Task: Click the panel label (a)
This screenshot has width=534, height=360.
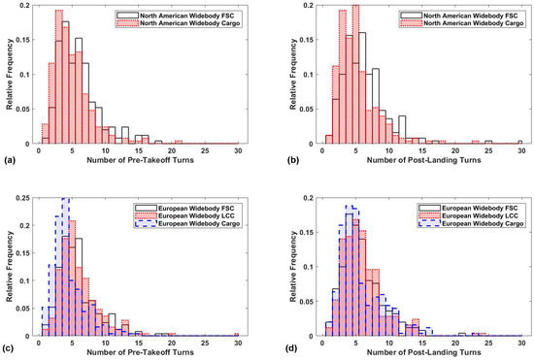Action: (x=8, y=160)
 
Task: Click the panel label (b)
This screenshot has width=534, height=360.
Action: (x=293, y=160)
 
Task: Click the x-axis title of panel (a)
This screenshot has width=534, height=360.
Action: (x=140, y=160)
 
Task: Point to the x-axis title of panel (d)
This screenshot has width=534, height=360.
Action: (x=423, y=352)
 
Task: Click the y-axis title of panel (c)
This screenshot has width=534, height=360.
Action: (x=9, y=267)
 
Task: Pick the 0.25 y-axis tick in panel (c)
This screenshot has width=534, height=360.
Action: (x=23, y=198)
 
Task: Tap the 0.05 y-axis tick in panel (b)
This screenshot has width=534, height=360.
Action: (x=309, y=110)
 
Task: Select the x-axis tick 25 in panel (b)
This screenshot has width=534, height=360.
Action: (x=488, y=150)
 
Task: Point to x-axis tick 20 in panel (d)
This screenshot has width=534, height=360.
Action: (x=455, y=343)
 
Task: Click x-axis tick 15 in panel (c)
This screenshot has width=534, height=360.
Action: (x=138, y=343)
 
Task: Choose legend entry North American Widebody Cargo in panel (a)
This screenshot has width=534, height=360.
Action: (x=179, y=23)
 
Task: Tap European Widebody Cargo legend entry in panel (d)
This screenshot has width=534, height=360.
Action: (x=471, y=223)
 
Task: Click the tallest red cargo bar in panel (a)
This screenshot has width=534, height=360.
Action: (x=59, y=77)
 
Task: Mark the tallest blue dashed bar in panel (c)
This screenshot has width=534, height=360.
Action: (x=65, y=267)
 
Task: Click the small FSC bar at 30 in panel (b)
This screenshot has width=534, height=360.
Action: (x=520, y=143)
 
